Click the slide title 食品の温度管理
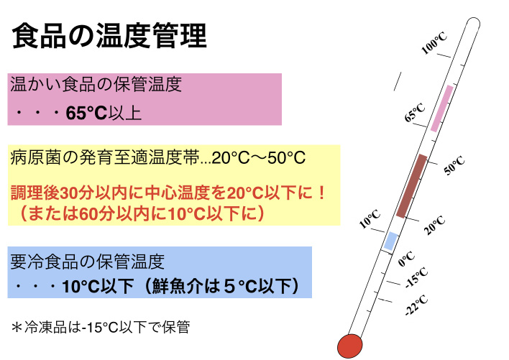[x=109, y=35]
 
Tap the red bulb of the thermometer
[x=349, y=346]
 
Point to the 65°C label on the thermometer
[x=415, y=112]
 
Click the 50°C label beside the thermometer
[x=454, y=165]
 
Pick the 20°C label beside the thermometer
[x=434, y=225]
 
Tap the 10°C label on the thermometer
[x=370, y=218]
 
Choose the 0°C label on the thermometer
[x=406, y=259]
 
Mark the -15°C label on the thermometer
[x=417, y=278]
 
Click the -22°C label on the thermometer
[x=416, y=305]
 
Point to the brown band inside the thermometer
[x=412, y=186]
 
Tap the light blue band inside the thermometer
[x=391, y=241]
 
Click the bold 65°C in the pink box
[x=86, y=114]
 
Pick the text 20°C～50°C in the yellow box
[x=259, y=158]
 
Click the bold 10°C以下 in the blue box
[x=98, y=287]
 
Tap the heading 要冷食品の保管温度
[x=87, y=262]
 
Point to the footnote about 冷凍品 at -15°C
[x=101, y=327]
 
